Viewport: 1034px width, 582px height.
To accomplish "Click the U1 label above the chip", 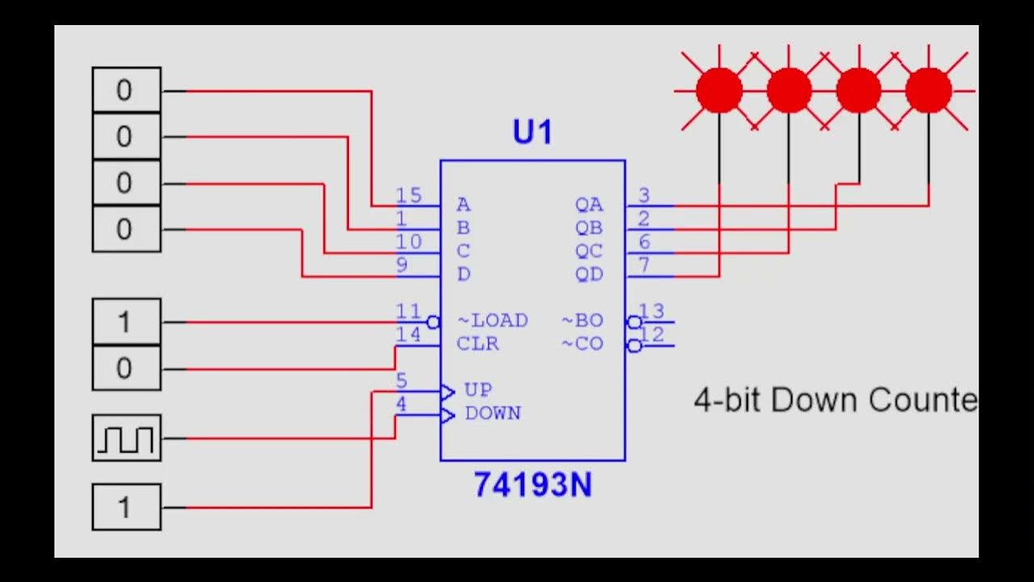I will pyautogui.click(x=532, y=132).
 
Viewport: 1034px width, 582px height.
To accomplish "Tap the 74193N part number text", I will pyautogui.click(x=532, y=485).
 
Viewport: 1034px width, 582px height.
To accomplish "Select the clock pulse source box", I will pyautogui.click(x=126, y=438).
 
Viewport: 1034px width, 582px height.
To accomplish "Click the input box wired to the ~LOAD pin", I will pyautogui.click(x=126, y=322).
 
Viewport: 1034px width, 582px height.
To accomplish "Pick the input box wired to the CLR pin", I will pyautogui.click(x=126, y=369).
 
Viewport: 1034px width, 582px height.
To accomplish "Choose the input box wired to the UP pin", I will pyautogui.click(x=126, y=508).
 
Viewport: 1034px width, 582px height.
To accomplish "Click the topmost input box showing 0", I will pyautogui.click(x=126, y=90).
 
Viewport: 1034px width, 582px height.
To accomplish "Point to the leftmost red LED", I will pyautogui.click(x=719, y=90).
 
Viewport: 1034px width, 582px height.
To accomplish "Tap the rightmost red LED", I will pyautogui.click(x=928, y=90).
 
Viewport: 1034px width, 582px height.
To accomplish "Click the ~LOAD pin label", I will pyautogui.click(x=492, y=321).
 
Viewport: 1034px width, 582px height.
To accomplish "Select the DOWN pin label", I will pyautogui.click(x=493, y=414).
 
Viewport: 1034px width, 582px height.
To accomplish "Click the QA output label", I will pyautogui.click(x=589, y=205).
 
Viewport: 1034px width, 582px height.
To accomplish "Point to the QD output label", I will pyautogui.click(x=589, y=275).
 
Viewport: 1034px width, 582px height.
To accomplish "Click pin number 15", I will pyautogui.click(x=409, y=195).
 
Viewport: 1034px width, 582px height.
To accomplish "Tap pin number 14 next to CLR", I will pyautogui.click(x=409, y=335).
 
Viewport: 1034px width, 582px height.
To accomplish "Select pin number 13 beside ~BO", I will pyautogui.click(x=651, y=311).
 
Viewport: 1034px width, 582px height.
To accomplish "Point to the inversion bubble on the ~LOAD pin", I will pyautogui.click(x=433, y=323).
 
